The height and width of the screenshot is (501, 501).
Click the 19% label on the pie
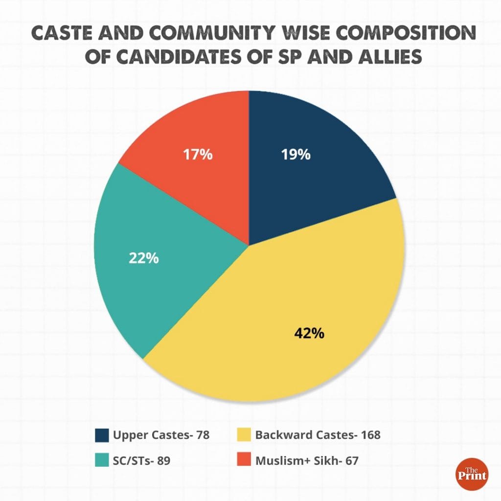point(296,155)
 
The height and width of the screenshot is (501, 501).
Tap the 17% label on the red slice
point(198,155)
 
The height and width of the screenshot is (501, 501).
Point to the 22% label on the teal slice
point(143,258)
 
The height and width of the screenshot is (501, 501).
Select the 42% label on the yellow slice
point(309,334)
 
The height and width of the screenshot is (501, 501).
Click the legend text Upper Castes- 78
point(161,435)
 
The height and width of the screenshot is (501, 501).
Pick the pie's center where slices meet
point(249,245)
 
